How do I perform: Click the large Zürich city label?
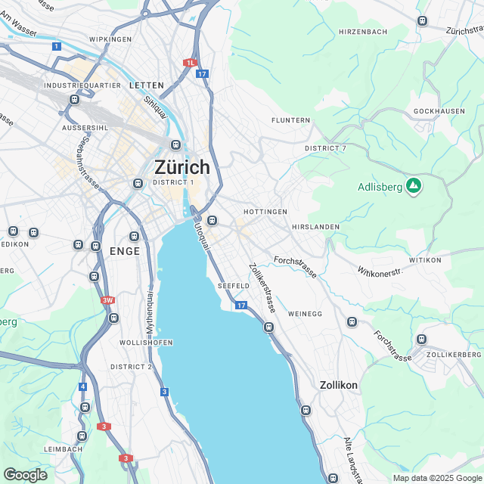[x=181, y=166]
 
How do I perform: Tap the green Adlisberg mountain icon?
[x=414, y=185]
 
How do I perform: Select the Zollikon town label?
[x=338, y=385]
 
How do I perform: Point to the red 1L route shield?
[x=191, y=63]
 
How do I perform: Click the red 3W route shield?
[x=107, y=300]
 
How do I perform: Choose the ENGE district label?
[x=125, y=251]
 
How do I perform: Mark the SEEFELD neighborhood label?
[x=233, y=286]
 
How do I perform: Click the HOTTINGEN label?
[x=265, y=212]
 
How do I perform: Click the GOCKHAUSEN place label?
[x=438, y=112]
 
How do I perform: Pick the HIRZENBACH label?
[x=363, y=31]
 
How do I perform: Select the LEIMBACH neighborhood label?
[x=63, y=448]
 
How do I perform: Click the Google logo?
[x=25, y=474]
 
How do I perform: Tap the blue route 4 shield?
[x=82, y=386]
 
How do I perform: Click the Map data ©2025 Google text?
[x=437, y=478]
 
